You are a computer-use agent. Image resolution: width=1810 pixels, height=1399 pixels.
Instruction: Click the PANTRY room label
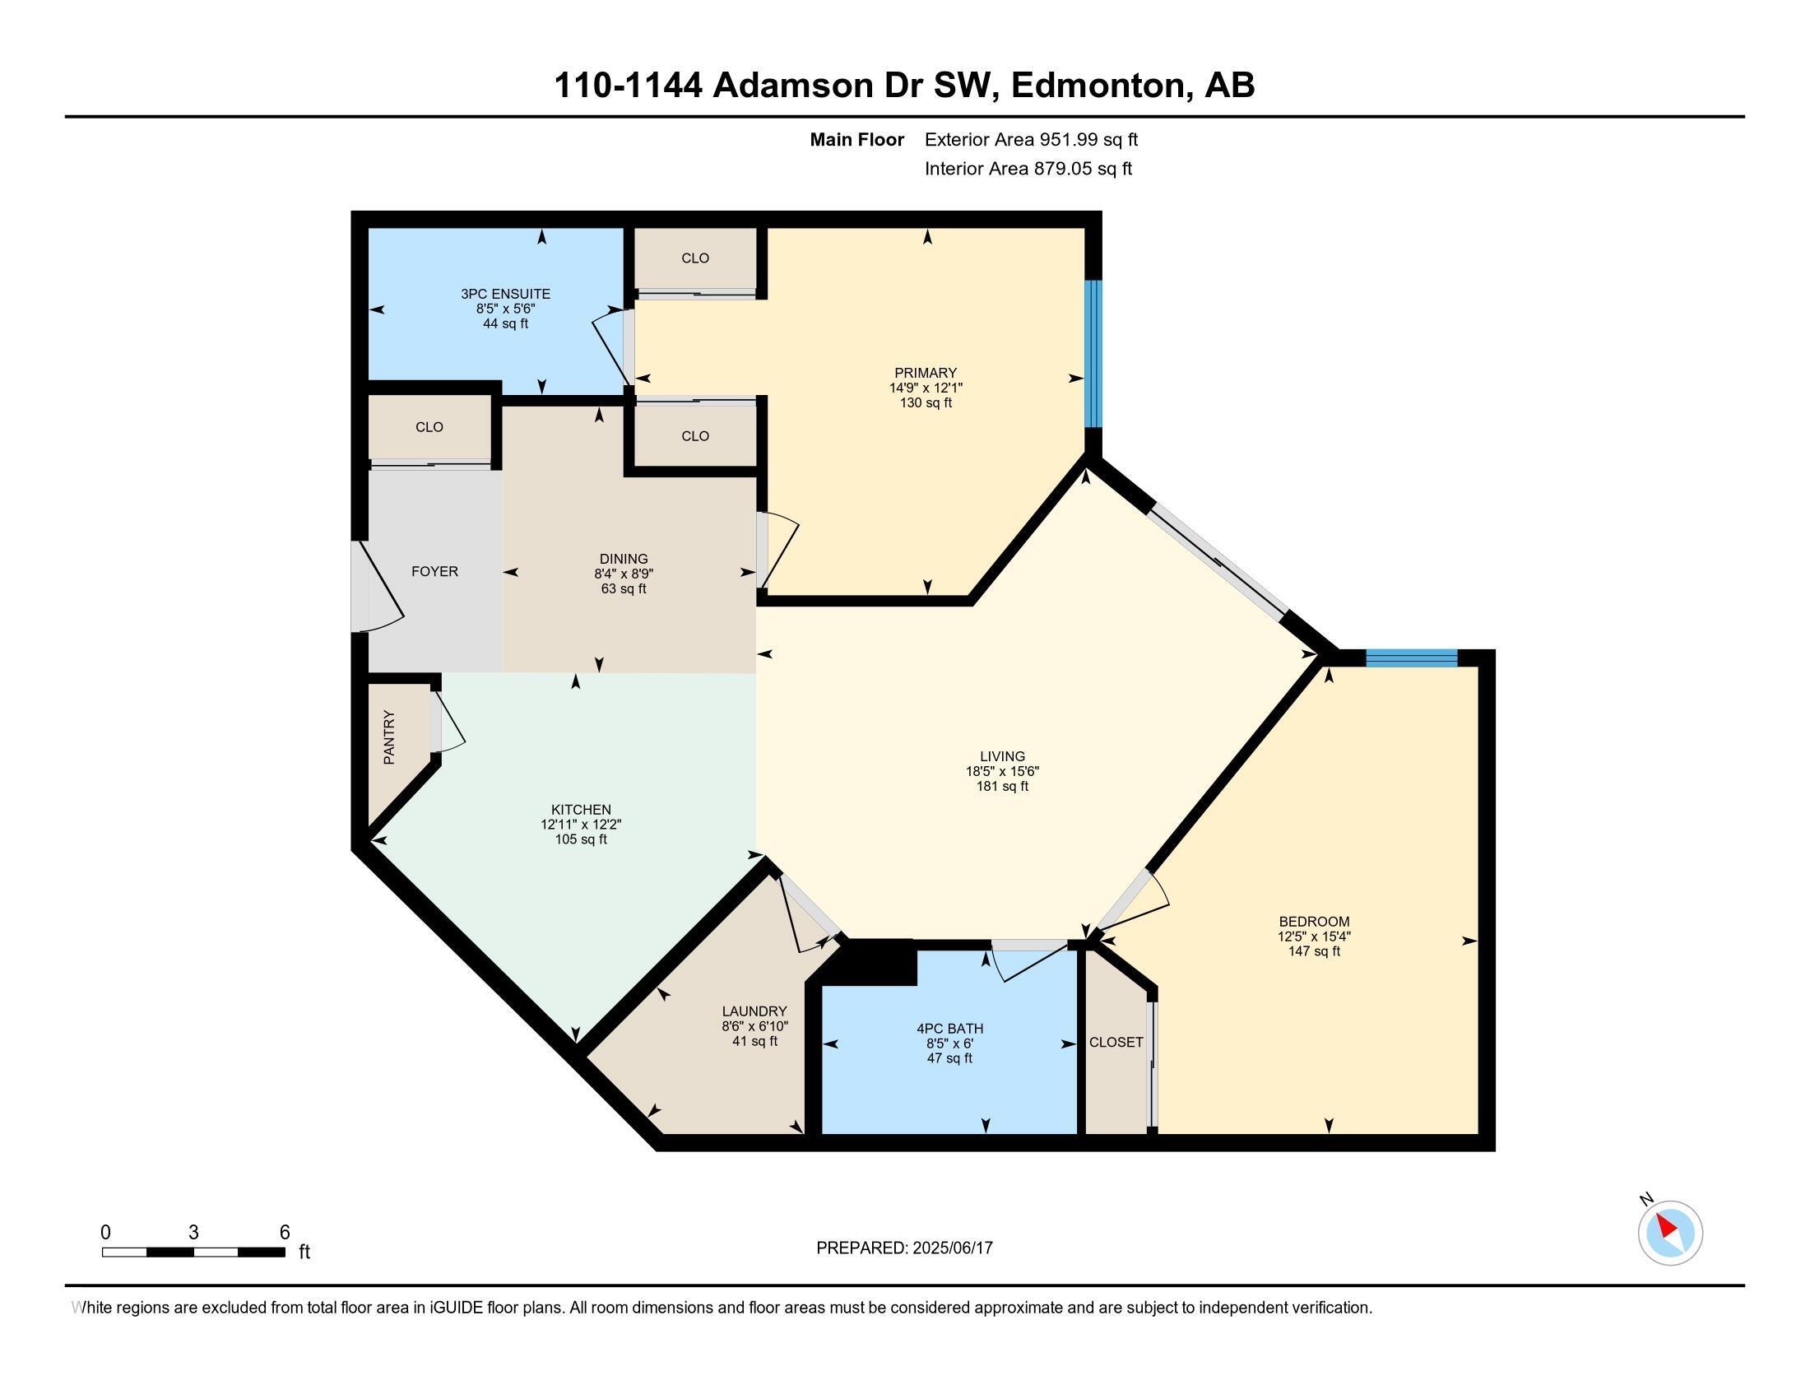coord(389,737)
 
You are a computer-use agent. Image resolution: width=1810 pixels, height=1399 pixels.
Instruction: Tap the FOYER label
coord(434,572)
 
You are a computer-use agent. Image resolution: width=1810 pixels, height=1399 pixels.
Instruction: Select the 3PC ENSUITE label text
coord(505,295)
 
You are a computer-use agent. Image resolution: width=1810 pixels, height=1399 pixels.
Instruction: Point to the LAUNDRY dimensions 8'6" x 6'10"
coord(754,1026)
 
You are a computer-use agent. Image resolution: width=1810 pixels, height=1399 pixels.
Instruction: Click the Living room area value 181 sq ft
coord(1002,786)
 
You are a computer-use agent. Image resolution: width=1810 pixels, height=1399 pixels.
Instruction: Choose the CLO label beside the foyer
coord(429,427)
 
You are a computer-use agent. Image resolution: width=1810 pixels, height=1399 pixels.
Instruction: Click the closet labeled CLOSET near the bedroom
coord(1116,1043)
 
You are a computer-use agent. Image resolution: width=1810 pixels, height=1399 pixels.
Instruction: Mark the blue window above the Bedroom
coord(1410,659)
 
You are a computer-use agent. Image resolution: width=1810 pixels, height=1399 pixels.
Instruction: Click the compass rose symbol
coord(1670,1234)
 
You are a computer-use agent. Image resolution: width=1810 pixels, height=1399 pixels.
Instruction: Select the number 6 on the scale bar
coord(285,1233)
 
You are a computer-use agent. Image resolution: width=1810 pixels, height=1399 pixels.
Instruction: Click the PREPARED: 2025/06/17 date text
coord(904,1248)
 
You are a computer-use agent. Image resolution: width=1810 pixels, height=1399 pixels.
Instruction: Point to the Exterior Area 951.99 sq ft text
coord(1031,140)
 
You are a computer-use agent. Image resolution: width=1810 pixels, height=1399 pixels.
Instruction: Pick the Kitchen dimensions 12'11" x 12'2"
coord(580,825)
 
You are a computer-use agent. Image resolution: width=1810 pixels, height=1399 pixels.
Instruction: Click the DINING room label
coord(624,560)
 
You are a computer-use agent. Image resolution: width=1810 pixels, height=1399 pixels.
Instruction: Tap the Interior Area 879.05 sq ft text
coord(1028,169)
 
